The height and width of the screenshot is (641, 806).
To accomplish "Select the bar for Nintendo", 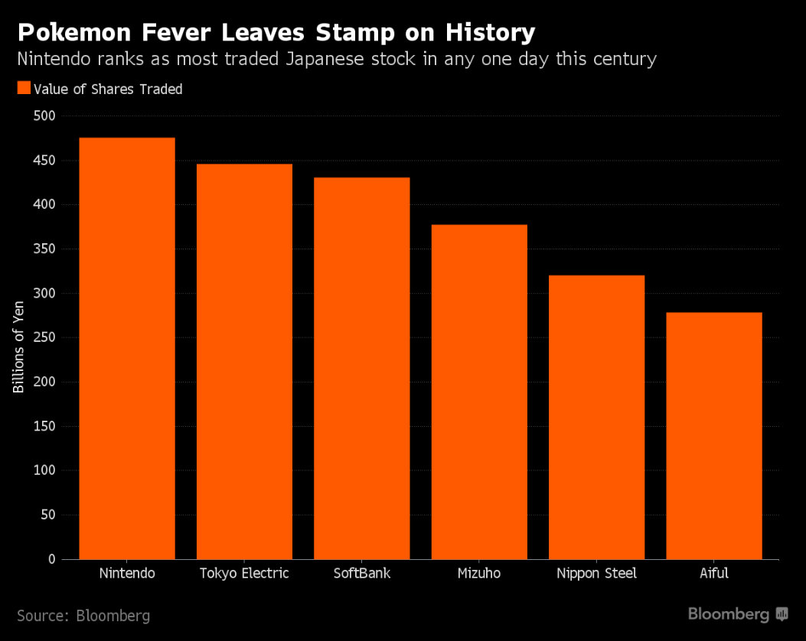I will (x=127, y=348).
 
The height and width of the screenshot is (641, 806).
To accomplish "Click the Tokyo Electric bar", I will (x=244, y=361).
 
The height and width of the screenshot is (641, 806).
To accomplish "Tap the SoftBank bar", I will (x=362, y=368).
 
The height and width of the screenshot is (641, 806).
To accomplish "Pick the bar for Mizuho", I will (x=479, y=392).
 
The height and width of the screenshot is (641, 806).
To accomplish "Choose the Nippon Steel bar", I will (x=597, y=417).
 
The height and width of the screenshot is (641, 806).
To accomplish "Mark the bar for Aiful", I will (x=714, y=435).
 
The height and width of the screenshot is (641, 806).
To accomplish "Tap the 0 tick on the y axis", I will (x=51, y=559).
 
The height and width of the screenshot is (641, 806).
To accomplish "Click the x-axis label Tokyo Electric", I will (x=244, y=574).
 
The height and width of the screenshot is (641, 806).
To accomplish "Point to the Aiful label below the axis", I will (x=714, y=574).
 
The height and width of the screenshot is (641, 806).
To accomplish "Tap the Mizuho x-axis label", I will (x=479, y=574).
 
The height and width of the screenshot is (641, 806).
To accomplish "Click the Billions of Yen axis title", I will (x=19, y=337).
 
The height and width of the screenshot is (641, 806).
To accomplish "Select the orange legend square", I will (x=23, y=89).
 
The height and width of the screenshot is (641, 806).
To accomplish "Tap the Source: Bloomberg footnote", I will (x=83, y=615).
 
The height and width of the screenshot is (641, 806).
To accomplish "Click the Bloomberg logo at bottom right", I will (x=736, y=613).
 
